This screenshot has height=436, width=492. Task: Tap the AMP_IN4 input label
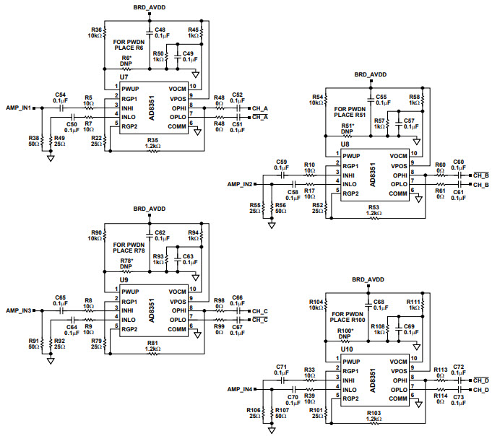(x=240, y=389)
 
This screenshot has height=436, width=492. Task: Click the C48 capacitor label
(x=161, y=30)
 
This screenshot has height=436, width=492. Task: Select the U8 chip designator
(x=345, y=144)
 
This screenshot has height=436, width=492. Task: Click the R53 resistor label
(x=374, y=207)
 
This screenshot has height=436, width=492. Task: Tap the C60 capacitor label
(x=458, y=162)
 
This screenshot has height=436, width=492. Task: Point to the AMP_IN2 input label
(x=240, y=184)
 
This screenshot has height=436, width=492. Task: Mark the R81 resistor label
(x=152, y=342)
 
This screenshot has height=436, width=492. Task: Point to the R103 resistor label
(x=374, y=412)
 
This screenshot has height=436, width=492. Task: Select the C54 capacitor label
(x=60, y=95)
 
